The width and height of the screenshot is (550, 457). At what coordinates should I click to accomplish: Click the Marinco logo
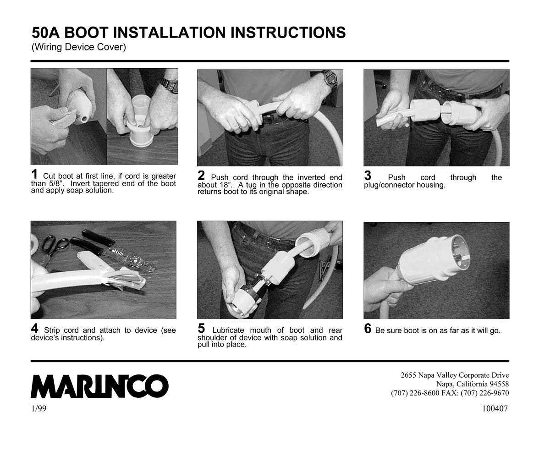coord(99,386)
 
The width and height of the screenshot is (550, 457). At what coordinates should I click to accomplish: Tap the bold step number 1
coord(34,174)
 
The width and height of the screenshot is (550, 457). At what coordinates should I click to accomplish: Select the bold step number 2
coord(201,176)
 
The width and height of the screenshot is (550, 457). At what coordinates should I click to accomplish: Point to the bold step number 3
coord(368,176)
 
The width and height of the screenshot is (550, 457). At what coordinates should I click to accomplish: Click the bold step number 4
coord(34,328)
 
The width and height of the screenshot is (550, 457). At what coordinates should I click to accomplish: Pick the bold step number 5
coord(201,328)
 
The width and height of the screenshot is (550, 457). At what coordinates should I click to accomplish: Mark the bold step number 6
coord(368,329)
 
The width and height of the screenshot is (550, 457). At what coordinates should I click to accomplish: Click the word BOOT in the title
coord(86,33)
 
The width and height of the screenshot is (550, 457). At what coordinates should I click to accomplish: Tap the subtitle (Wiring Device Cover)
coord(79,47)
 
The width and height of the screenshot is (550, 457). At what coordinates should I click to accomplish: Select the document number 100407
coord(495,408)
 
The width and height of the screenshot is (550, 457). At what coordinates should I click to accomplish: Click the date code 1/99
coord(38,408)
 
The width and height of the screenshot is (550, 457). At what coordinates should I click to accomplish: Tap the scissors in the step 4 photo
coord(53,248)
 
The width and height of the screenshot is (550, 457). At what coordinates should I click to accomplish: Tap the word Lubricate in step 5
coord(228,330)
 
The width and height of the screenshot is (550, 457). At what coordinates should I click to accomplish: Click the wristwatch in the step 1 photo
coord(170,84)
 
